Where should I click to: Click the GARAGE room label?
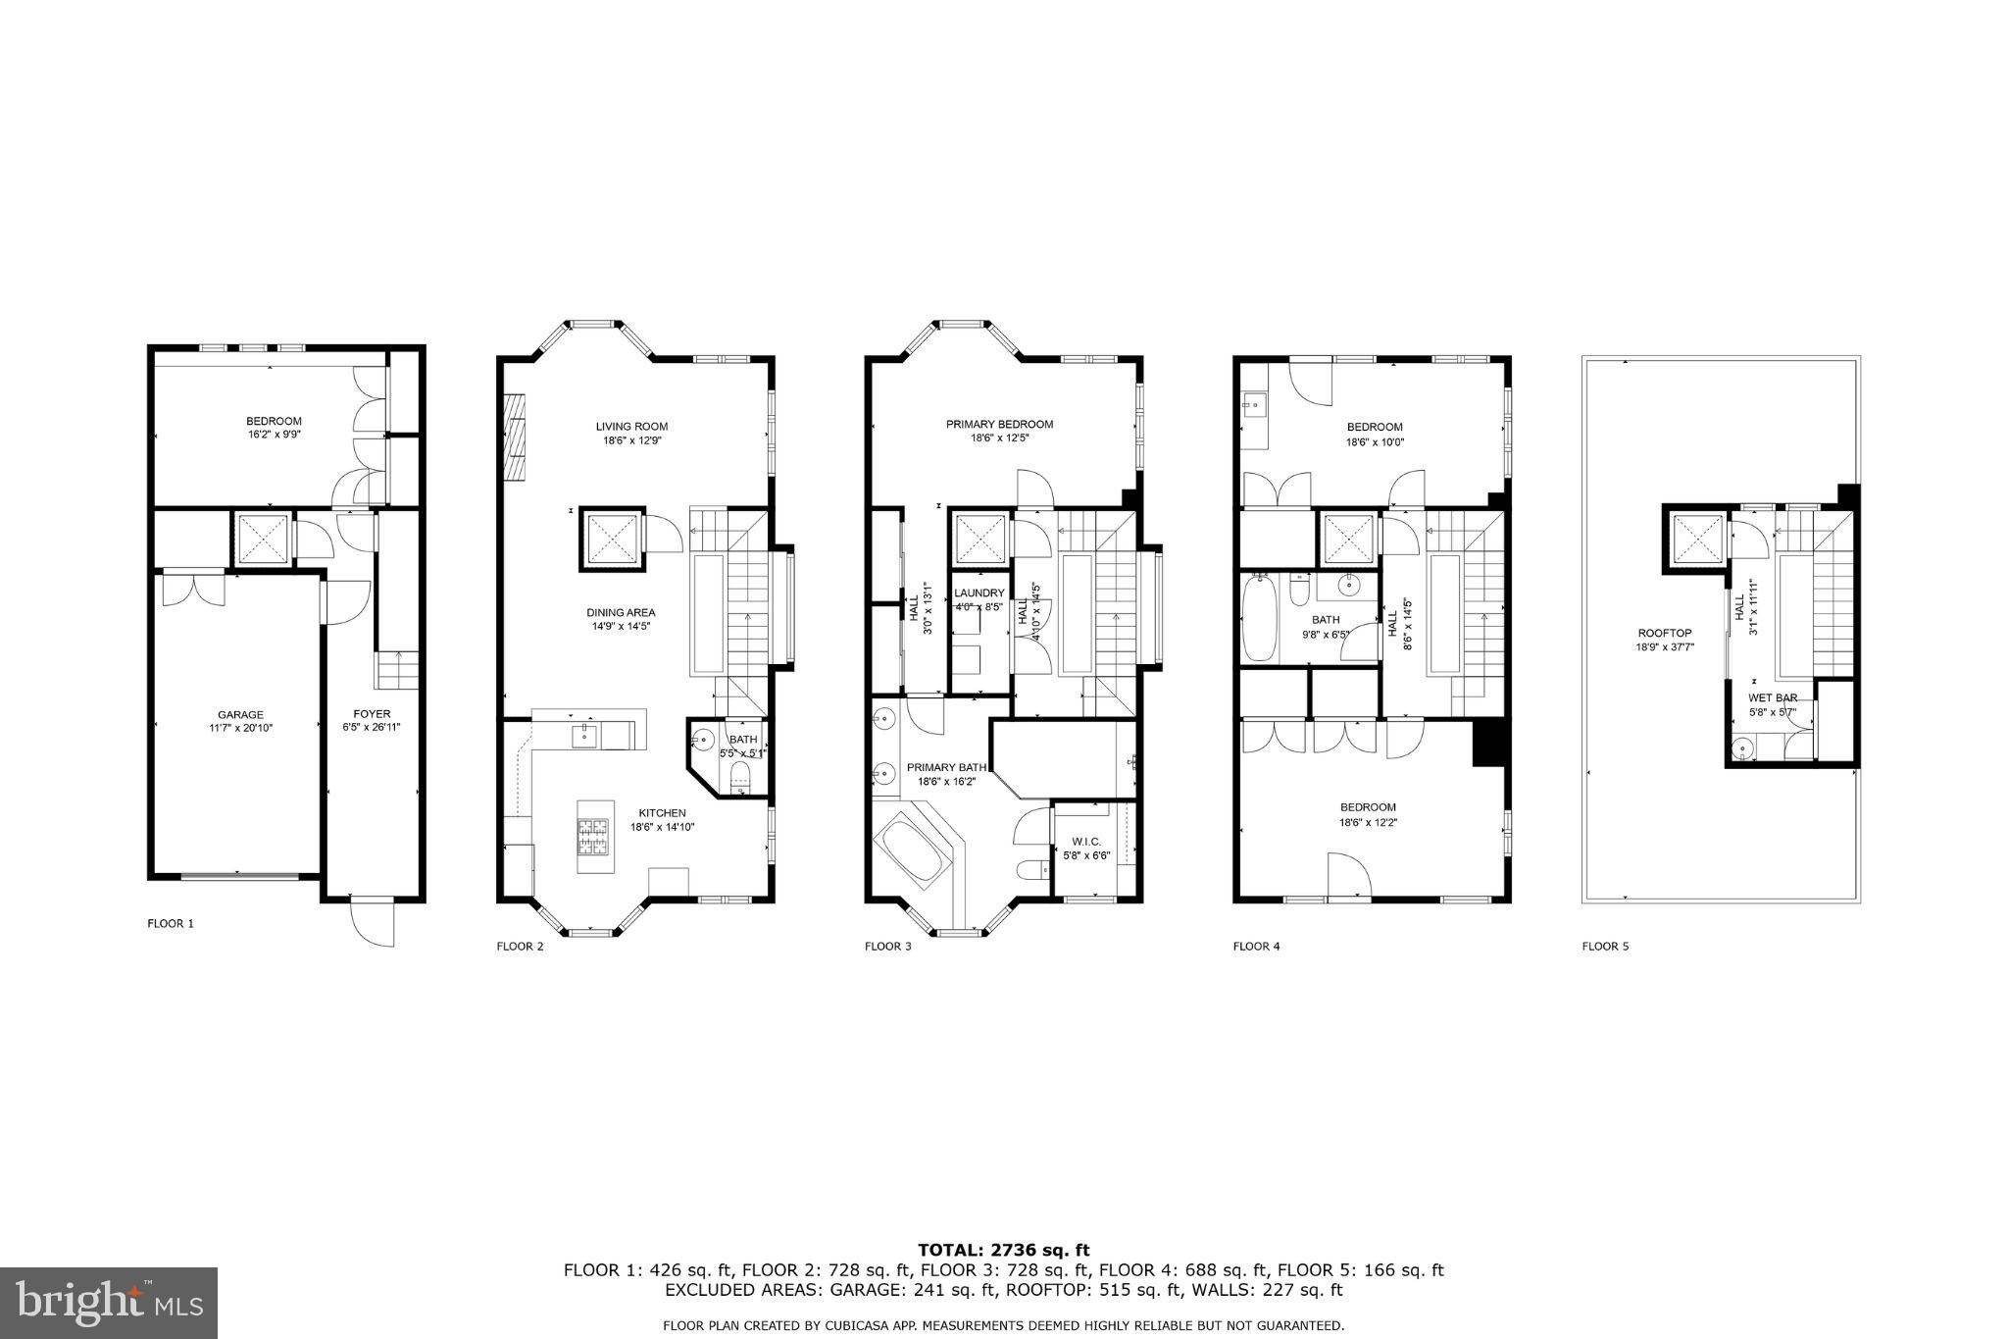click(240, 714)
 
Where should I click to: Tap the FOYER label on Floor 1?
click(372, 713)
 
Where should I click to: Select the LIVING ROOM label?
click(631, 426)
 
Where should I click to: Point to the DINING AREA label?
click(621, 612)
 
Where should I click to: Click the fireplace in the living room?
click(514, 438)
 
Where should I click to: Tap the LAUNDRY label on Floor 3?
click(979, 592)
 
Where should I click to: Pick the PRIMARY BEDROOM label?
click(999, 424)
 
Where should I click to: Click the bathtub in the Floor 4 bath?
click(1256, 619)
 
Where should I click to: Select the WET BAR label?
click(1773, 697)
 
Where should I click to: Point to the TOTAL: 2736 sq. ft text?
click(1003, 1250)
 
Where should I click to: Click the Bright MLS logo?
click(109, 1303)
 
